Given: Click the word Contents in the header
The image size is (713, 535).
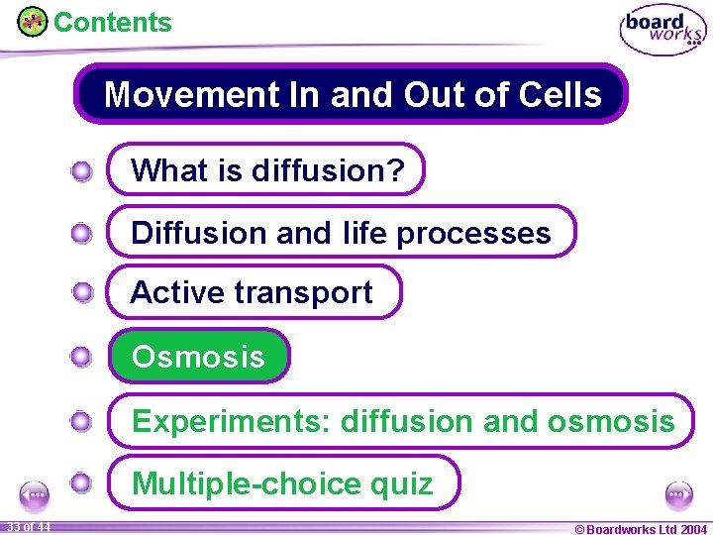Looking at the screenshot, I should (x=112, y=23).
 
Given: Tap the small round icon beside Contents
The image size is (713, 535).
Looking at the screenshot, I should (x=33, y=22).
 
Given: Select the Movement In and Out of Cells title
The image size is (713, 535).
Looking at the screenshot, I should (x=352, y=94).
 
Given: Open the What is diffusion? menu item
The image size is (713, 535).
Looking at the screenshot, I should (x=266, y=169).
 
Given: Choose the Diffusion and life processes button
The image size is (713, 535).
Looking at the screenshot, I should (x=341, y=232).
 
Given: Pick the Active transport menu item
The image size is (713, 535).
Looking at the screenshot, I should (x=253, y=292).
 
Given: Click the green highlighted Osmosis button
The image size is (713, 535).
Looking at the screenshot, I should (x=199, y=356).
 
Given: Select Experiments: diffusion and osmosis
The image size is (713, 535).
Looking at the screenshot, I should (x=401, y=421).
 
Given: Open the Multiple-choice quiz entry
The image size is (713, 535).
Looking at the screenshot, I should (x=283, y=482).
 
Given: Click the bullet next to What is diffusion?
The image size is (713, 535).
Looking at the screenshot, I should (x=82, y=172).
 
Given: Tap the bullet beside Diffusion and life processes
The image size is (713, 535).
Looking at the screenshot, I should (x=82, y=234).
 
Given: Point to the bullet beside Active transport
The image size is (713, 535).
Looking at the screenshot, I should (x=82, y=293).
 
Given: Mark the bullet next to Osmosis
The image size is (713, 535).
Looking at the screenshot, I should (x=82, y=358).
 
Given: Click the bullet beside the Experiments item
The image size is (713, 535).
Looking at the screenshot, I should (x=82, y=423).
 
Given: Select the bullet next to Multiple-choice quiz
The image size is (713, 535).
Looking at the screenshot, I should (x=82, y=483).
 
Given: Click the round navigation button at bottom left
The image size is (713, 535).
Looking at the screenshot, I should (x=36, y=494).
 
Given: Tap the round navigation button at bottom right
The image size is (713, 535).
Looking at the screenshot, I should (x=678, y=494).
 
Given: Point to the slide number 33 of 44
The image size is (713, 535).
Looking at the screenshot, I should (x=29, y=526).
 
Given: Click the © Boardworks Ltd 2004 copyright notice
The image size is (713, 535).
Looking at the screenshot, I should (x=641, y=528).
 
